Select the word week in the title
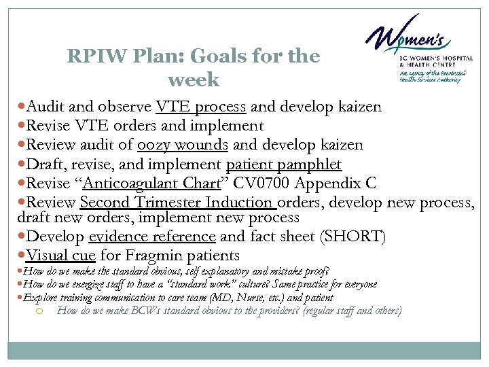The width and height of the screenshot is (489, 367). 194,80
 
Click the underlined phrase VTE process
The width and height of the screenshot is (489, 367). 202,107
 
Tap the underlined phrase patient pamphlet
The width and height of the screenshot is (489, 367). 283,164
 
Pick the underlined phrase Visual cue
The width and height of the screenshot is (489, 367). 60,256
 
